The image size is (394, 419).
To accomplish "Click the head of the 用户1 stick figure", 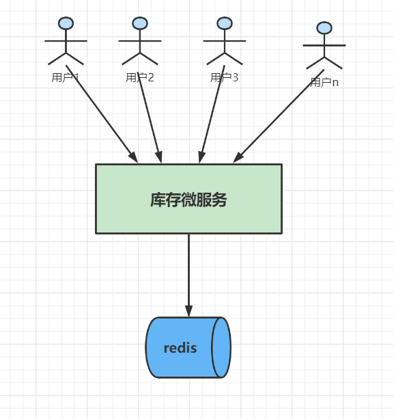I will click(x=66, y=23).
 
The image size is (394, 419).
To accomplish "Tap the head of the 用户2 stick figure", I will click(x=140, y=23).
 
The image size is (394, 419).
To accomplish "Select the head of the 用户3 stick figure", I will click(x=224, y=23).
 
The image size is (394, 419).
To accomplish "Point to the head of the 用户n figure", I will click(x=324, y=28).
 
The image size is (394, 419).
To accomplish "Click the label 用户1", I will click(x=66, y=77).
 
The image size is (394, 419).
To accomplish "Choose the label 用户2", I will click(x=140, y=77).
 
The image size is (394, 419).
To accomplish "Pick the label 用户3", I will click(x=224, y=77).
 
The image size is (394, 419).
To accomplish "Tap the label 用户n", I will click(x=324, y=82).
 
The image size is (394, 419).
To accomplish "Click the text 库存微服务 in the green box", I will click(x=188, y=200).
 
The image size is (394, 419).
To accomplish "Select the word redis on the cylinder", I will click(x=180, y=348).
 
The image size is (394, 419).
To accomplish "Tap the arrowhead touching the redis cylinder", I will click(x=189, y=311).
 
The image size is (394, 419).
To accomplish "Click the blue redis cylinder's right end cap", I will click(x=221, y=347).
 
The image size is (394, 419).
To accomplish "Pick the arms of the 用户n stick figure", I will click(x=324, y=46).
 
